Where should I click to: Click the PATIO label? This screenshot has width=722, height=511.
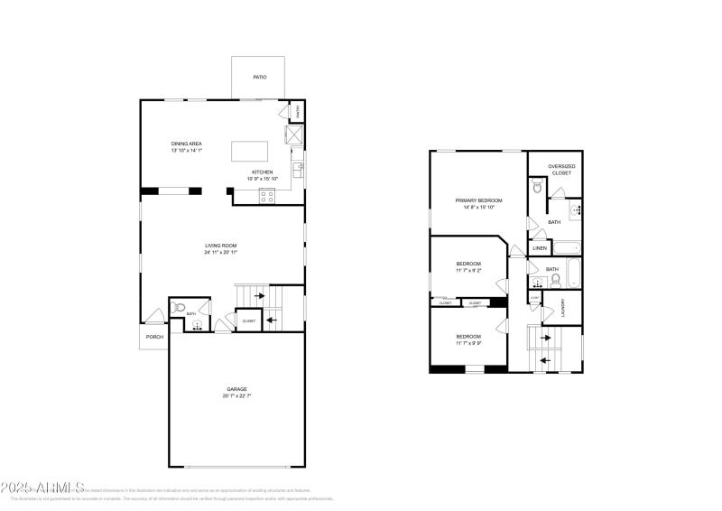[259, 77]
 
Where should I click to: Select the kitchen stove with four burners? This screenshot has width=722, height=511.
[268, 195]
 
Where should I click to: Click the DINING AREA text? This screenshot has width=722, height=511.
[186, 144]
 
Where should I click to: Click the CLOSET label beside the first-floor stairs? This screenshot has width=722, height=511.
[248, 321]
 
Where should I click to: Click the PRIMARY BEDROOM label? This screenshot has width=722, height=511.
[478, 200]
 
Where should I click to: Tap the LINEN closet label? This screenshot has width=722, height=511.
[539, 247]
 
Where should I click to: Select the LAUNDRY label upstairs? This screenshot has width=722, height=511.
[563, 307]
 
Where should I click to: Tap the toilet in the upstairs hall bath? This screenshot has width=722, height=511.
[555, 279]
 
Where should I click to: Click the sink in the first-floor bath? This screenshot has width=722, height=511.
[197, 325]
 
